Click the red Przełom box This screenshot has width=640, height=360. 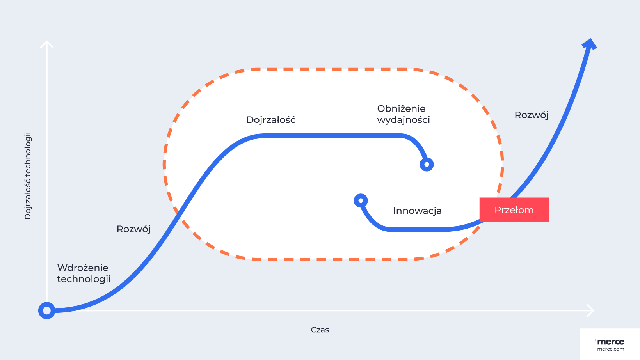[514, 210]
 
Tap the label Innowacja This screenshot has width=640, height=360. [417, 211]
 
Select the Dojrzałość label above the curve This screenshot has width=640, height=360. [271, 120]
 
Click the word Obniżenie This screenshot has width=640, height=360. [401, 108]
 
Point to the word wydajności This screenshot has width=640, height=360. [404, 120]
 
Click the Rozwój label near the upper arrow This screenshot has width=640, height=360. [532, 115]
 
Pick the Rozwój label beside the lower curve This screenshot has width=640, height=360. [133, 229]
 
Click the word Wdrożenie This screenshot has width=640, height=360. [83, 268]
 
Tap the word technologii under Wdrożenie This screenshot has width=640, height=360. [84, 279]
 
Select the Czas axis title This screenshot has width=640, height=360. [320, 330]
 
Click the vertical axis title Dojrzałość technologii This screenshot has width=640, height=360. [28, 176]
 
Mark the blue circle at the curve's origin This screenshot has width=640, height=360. [47, 310]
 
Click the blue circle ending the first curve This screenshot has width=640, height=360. [427, 165]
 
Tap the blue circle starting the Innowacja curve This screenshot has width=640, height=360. [361, 200]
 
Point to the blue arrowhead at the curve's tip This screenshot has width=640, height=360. [590, 43]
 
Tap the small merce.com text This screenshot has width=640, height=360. [611, 349]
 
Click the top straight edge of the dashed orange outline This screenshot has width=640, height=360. [332, 69]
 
